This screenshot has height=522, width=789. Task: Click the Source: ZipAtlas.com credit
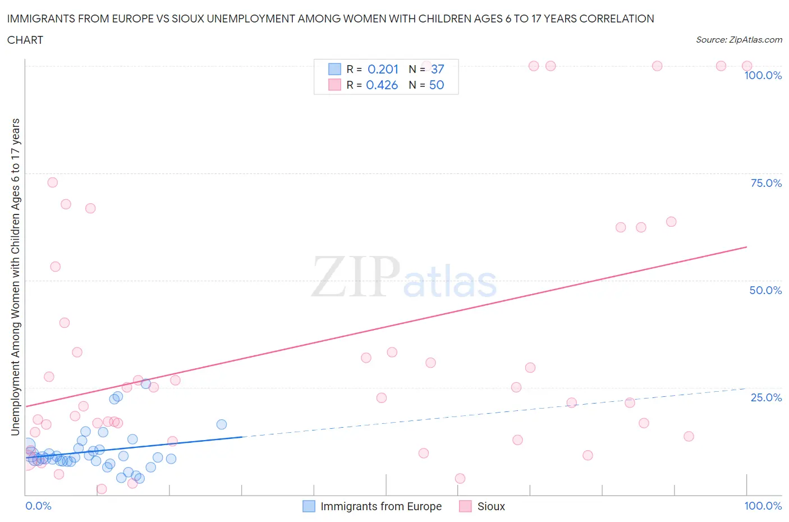coord(738,40)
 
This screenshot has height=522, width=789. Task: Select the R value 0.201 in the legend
coord(383,69)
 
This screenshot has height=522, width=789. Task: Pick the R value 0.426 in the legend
coord(382,85)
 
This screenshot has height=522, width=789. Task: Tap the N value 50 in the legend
coord(436,85)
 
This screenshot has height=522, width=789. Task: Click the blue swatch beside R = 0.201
coord(334,69)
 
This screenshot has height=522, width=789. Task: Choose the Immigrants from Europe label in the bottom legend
coord(380,506)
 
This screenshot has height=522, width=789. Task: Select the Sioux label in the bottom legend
coord(491,506)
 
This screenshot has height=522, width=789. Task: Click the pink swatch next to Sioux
coord(465,506)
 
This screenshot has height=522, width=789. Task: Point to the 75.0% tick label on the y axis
coord(765,183)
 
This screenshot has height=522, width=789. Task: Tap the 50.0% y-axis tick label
coord(765,290)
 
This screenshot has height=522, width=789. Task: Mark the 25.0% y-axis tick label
coord(765,397)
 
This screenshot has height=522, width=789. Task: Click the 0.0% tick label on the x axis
coord(38,506)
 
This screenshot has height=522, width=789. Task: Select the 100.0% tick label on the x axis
coord(763,506)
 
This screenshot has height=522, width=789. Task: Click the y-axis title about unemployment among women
coord(15,277)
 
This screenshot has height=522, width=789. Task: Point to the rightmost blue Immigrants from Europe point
coord(222,424)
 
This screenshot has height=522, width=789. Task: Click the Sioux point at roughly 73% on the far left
coord(52,182)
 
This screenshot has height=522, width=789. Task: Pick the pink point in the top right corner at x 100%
coord(747,66)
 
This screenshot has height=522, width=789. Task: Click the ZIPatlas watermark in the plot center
coord(404,277)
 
